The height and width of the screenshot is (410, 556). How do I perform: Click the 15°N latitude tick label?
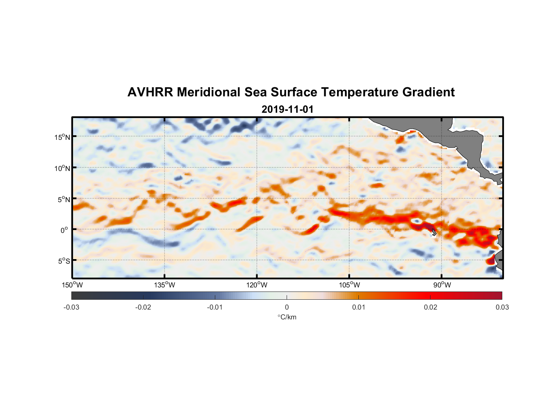pos(62,137)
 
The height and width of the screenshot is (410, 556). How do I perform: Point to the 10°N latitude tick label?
pos(62,168)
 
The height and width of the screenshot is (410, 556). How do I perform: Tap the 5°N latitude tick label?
pos(64,199)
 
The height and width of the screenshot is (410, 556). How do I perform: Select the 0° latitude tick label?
pos(64,230)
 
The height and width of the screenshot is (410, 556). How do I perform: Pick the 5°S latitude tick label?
pos(64,261)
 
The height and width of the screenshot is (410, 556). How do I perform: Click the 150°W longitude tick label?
pos(72,285)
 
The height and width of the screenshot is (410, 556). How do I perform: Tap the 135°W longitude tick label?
pos(164,285)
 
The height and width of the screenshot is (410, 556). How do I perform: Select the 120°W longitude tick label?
pos(257,285)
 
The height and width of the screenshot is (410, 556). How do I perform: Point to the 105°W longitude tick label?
pos(349,285)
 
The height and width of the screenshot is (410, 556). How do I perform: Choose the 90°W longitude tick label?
pos(442,285)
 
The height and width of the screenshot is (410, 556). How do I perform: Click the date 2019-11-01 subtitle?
pos(287,109)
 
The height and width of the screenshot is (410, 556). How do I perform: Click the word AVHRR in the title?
pos(150,92)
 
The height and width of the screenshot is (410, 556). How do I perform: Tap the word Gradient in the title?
pos(428,92)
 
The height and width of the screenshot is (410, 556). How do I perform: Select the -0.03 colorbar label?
pos(71,307)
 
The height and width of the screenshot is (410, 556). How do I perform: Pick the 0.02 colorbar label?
pos(431,307)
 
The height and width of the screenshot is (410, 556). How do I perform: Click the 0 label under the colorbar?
pos(287,307)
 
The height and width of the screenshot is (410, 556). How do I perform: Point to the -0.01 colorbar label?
pos(215,307)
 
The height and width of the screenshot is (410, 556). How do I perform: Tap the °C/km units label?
pos(287,317)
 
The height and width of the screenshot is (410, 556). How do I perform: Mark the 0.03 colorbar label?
pos(502,307)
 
